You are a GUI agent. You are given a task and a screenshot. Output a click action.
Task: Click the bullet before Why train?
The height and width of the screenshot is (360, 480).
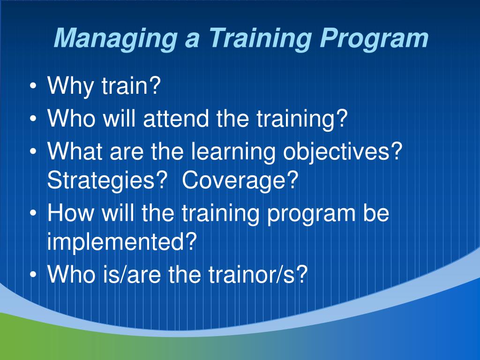tap(33, 86)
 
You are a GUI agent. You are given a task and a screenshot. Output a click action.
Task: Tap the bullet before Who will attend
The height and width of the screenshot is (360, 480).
tap(33, 119)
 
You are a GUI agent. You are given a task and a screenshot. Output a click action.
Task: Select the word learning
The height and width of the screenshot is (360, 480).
tap(233, 151)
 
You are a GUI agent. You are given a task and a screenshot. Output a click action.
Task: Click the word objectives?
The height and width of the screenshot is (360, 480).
tap(342, 151)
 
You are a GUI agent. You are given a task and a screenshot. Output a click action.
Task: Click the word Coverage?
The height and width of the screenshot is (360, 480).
tap(240, 180)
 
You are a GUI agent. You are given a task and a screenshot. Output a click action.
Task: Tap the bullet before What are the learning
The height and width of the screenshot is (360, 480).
tap(33, 151)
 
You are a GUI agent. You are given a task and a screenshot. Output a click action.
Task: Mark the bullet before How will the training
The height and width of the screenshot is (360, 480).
tap(33, 213)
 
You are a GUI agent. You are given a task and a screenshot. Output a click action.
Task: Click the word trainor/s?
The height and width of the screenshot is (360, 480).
tap(258, 274)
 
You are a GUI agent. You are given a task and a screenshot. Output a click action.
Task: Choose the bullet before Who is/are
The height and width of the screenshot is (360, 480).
tap(33, 275)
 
